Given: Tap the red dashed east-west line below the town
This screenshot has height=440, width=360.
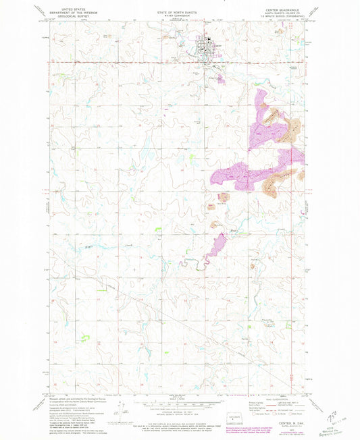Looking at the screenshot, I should (135, 64).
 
